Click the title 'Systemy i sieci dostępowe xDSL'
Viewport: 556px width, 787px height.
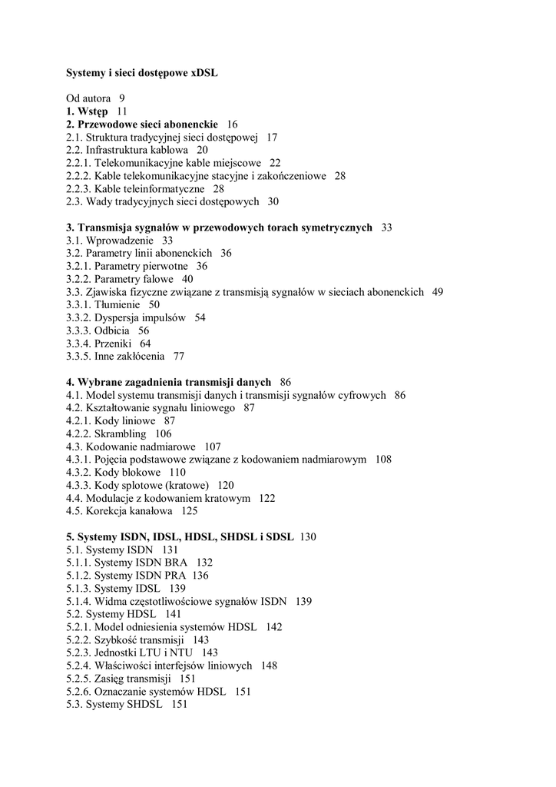click(142, 73)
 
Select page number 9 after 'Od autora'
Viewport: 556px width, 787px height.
click(122, 98)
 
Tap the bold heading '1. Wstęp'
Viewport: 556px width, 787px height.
click(87, 111)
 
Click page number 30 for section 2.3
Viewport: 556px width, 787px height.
click(273, 201)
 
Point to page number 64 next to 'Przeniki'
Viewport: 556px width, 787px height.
click(145, 344)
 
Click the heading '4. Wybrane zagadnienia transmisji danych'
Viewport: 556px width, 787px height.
click(168, 382)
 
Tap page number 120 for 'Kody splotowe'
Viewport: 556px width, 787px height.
click(226, 485)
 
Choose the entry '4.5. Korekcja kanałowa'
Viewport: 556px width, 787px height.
click(121, 511)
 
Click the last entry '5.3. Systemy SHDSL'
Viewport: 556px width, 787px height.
click(114, 704)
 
